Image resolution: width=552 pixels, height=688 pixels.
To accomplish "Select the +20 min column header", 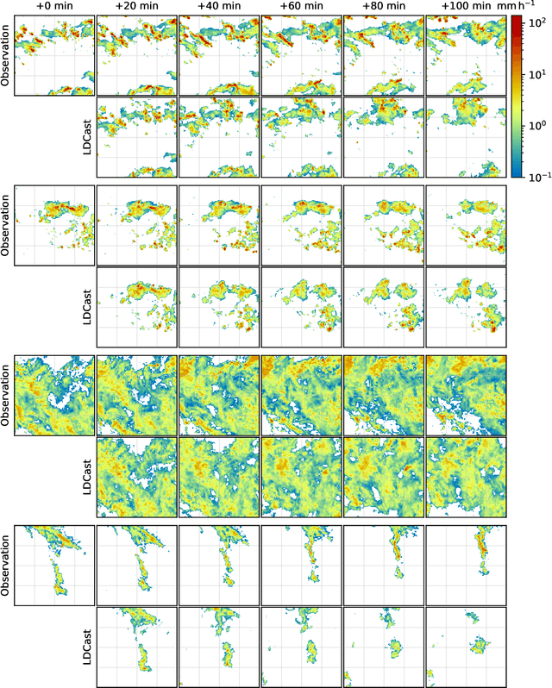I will tap(137, 7).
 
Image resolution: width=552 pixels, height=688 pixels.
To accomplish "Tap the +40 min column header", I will tap(219, 7).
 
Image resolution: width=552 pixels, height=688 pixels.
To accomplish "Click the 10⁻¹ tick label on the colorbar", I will tap(539, 176).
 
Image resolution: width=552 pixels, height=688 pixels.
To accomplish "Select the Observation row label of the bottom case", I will tap(6, 566).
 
